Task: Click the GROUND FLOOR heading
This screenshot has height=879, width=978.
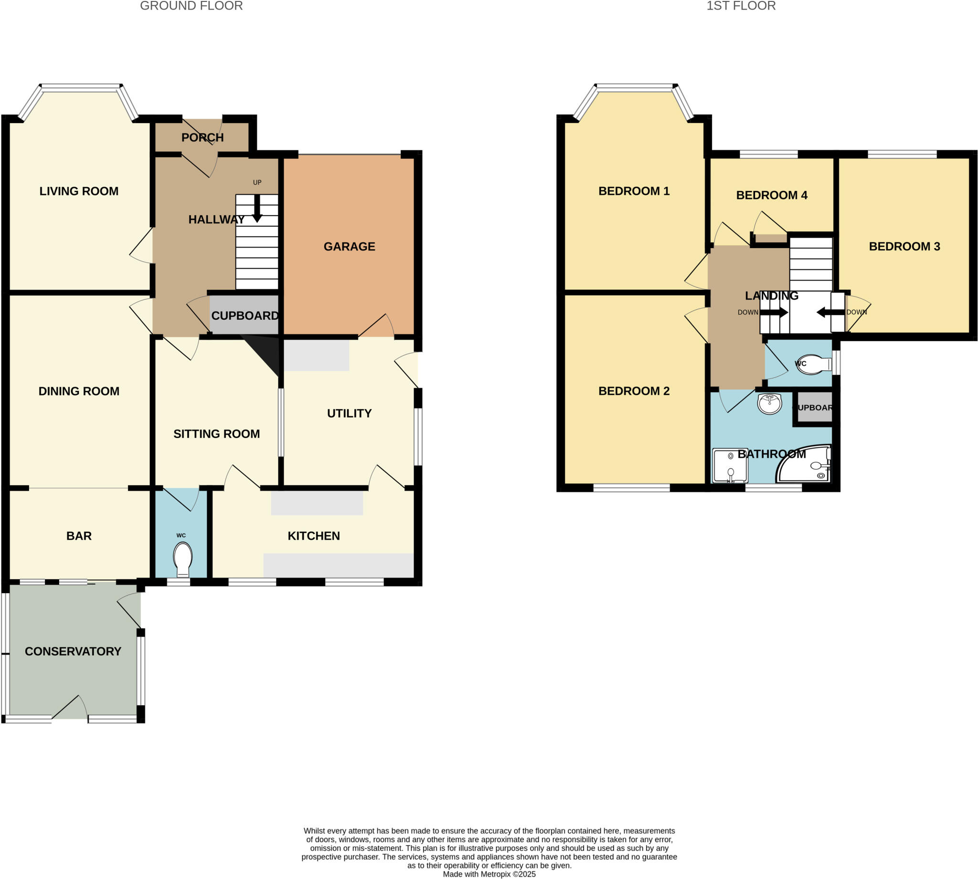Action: (191, 6)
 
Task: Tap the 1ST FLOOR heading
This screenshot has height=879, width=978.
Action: (741, 6)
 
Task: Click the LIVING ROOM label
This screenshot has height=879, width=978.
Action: (79, 191)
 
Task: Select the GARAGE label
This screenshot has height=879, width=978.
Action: (350, 247)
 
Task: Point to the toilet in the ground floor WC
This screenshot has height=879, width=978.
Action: (182, 559)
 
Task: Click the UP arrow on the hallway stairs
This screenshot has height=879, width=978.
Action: (257, 208)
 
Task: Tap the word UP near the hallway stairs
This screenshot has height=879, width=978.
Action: (257, 183)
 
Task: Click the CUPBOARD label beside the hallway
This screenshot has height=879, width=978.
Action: (244, 316)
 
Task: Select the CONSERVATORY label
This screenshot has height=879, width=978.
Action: (73, 651)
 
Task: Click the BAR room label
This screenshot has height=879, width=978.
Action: (79, 536)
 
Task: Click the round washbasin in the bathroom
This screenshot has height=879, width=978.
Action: (769, 404)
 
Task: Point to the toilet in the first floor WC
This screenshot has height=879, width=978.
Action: (815, 365)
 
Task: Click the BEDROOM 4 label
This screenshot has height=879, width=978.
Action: (772, 196)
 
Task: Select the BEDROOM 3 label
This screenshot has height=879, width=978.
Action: (904, 247)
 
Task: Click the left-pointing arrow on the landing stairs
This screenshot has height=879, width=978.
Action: (828, 313)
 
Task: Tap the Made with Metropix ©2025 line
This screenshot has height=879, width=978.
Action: (489, 874)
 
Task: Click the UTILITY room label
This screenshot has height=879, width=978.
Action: (350, 414)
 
